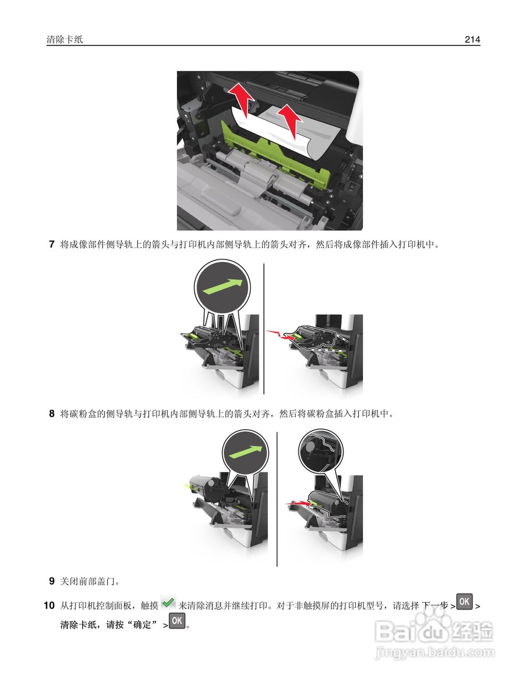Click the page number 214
click(x=472, y=39)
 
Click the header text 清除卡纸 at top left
click(x=65, y=39)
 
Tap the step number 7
click(x=52, y=245)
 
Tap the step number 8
click(x=52, y=413)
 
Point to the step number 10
click(x=49, y=606)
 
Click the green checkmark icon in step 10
click(x=168, y=603)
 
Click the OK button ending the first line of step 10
click(x=465, y=602)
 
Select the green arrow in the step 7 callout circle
click(x=226, y=287)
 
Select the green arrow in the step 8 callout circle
click(x=244, y=452)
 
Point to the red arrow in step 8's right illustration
click(x=298, y=502)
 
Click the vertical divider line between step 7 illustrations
click(x=264, y=328)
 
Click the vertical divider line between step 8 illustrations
click(x=277, y=499)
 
